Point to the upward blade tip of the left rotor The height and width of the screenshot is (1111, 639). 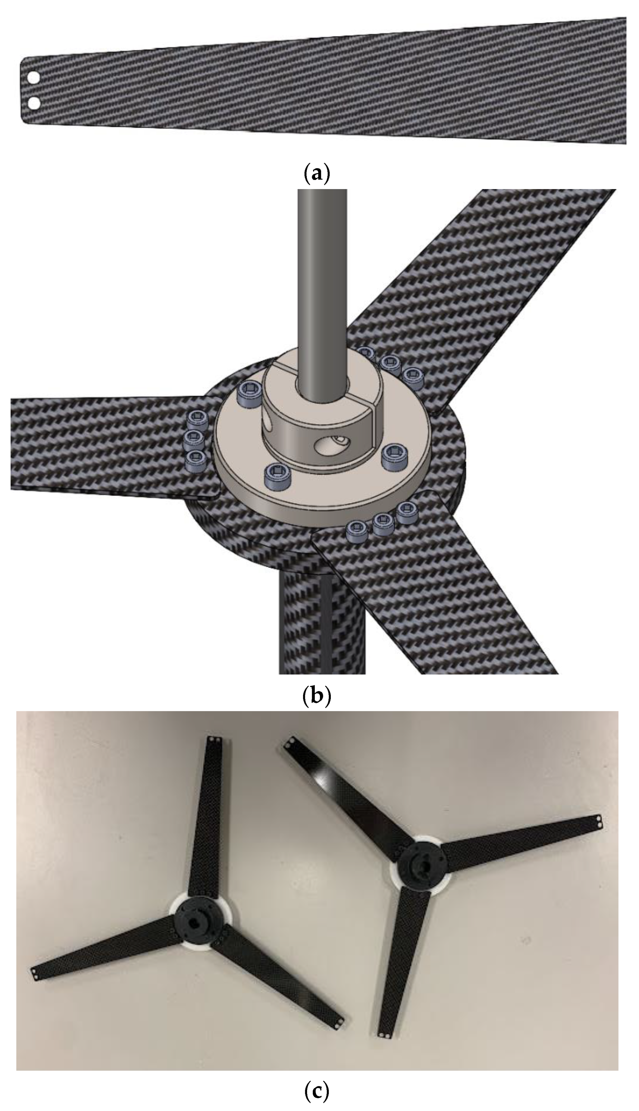coord(215,739)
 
